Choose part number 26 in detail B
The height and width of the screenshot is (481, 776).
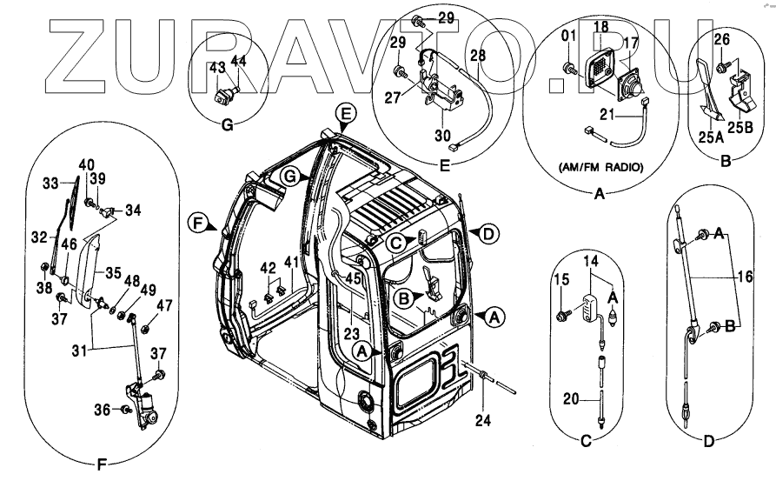[721, 39]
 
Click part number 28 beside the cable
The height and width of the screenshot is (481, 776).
[477, 55]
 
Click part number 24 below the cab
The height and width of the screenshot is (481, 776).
[482, 423]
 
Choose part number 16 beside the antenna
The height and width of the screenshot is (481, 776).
[744, 277]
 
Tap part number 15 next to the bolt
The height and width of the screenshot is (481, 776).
[562, 278]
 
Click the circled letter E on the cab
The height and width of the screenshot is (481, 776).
[345, 115]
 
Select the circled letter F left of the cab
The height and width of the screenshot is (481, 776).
[197, 224]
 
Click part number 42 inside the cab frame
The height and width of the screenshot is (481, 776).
[269, 267]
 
